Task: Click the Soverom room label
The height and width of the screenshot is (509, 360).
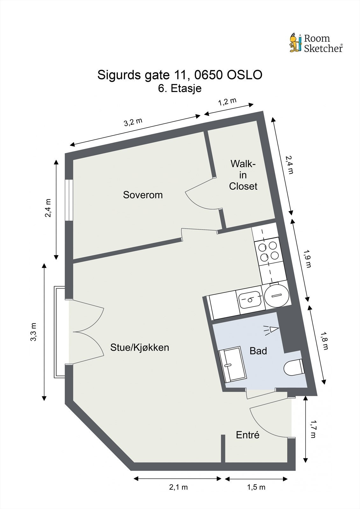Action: [x=143, y=195]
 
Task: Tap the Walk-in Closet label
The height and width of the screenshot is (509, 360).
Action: [x=243, y=175]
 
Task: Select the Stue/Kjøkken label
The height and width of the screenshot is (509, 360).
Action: [x=139, y=347]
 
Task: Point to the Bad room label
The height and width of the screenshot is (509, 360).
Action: [x=258, y=351]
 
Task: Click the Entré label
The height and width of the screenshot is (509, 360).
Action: [x=248, y=435]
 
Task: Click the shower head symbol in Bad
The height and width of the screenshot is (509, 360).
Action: [x=272, y=330]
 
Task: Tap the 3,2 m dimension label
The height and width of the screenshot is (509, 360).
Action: [x=133, y=122]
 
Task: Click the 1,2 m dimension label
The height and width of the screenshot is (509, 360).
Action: [x=227, y=102]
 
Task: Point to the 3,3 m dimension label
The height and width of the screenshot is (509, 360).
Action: [x=33, y=332]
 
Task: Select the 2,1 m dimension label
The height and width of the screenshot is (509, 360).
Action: [x=178, y=487]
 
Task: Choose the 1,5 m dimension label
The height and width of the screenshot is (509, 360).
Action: [x=256, y=487]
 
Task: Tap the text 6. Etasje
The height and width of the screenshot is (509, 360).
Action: [x=180, y=88]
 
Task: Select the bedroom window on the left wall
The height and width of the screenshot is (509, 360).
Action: [x=69, y=200]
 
